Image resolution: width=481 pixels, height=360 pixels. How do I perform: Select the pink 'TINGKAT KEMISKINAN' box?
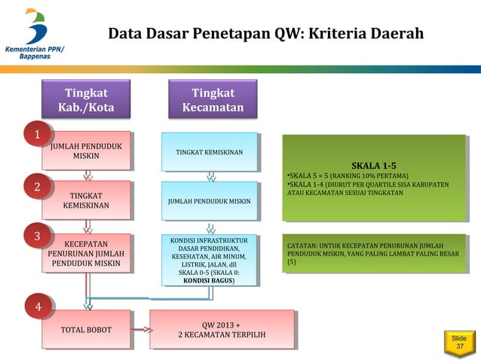pyautogui.click(x=88, y=200)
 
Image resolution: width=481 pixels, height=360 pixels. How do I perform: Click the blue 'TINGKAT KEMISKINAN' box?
pyautogui.click(x=209, y=152)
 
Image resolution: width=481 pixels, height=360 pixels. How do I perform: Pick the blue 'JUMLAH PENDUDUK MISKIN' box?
pyautogui.click(x=209, y=201)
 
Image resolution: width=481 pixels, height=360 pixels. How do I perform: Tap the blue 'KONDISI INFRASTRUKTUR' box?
pyautogui.click(x=209, y=260)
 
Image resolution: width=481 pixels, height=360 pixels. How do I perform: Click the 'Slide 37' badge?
pyautogui.click(x=458, y=343)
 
